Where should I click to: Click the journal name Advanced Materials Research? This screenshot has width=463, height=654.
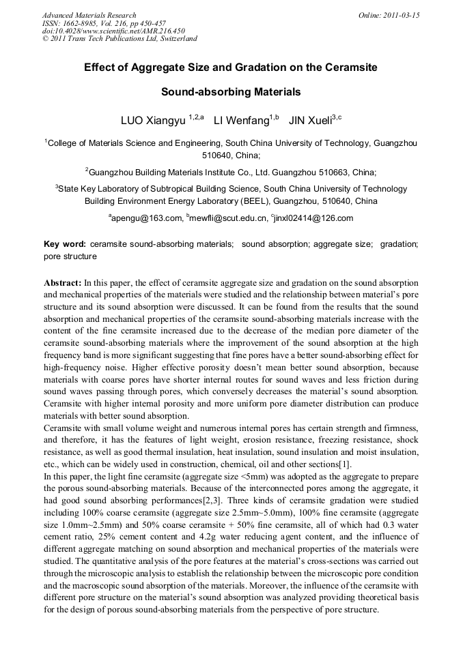89,15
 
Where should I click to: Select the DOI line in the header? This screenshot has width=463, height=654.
113,31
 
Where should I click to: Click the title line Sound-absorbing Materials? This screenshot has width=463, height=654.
231,91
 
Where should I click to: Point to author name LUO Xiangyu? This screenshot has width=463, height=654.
152,121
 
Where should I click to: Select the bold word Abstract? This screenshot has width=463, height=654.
63,282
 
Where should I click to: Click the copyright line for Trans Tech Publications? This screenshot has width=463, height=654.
120,39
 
